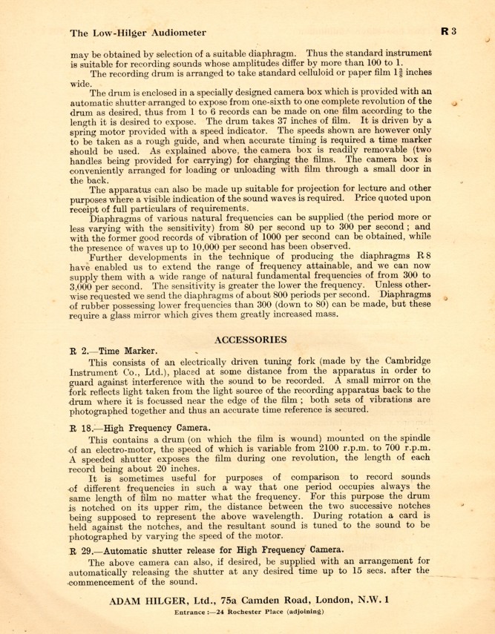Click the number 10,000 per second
220,246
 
